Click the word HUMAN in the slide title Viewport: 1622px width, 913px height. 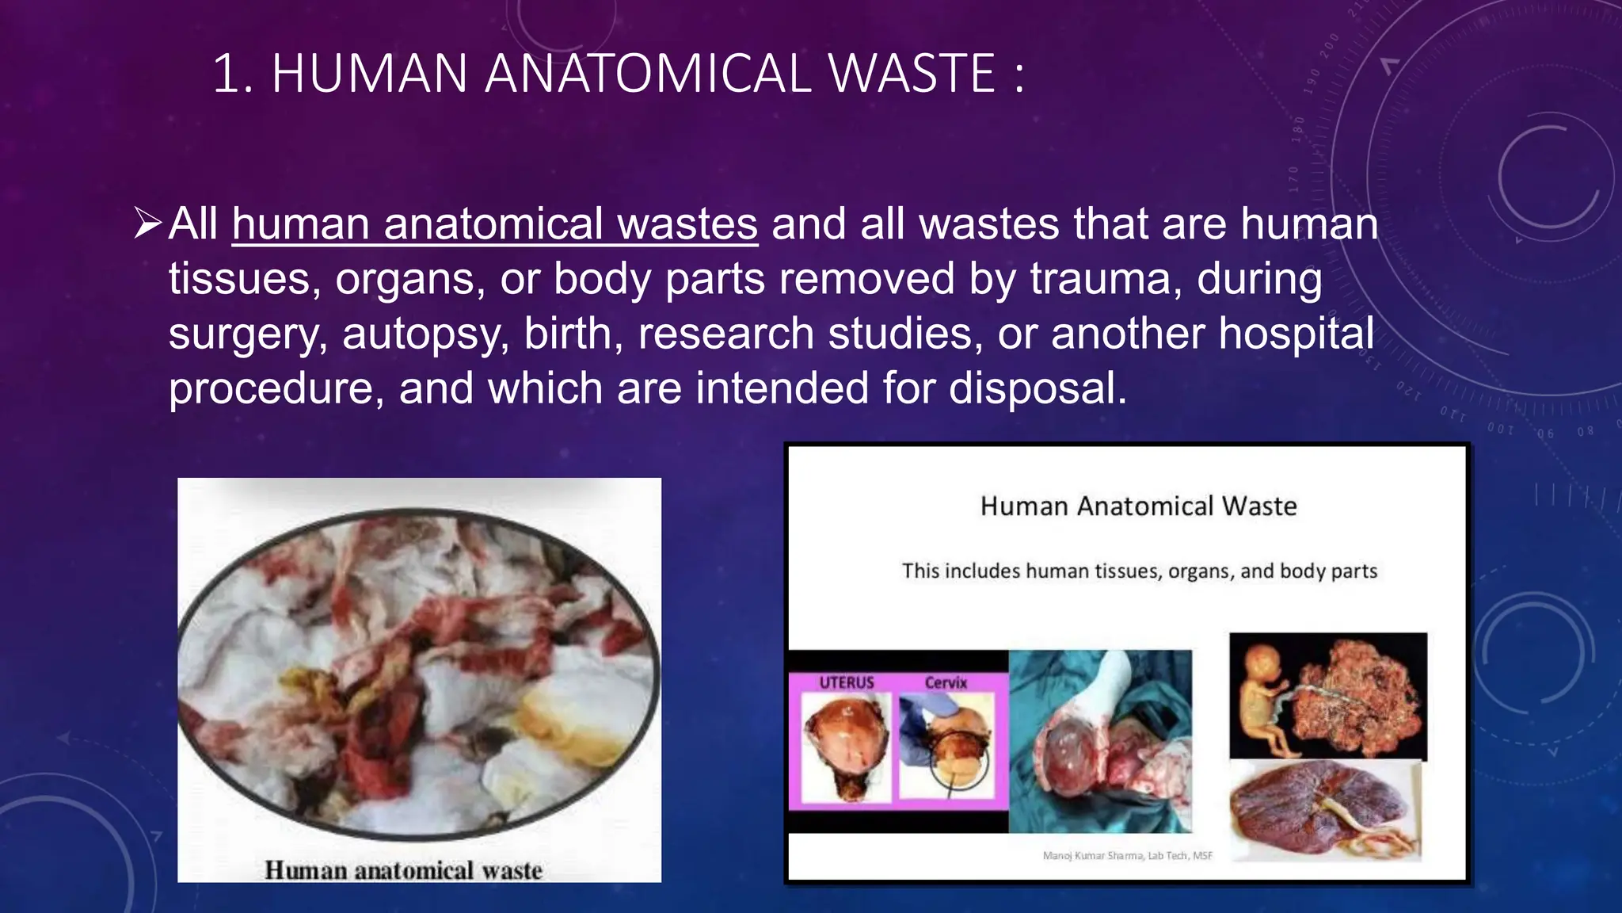point(369,74)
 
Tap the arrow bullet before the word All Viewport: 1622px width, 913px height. point(147,223)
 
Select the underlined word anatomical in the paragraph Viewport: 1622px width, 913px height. point(492,224)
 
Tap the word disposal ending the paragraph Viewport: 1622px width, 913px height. point(1037,388)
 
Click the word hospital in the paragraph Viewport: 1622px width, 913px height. point(1296,333)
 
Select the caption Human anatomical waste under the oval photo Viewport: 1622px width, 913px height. point(403,870)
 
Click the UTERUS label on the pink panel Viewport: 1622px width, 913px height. point(846,682)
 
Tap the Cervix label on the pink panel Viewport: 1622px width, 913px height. point(946,682)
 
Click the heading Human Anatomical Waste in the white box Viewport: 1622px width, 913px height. point(1138,506)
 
